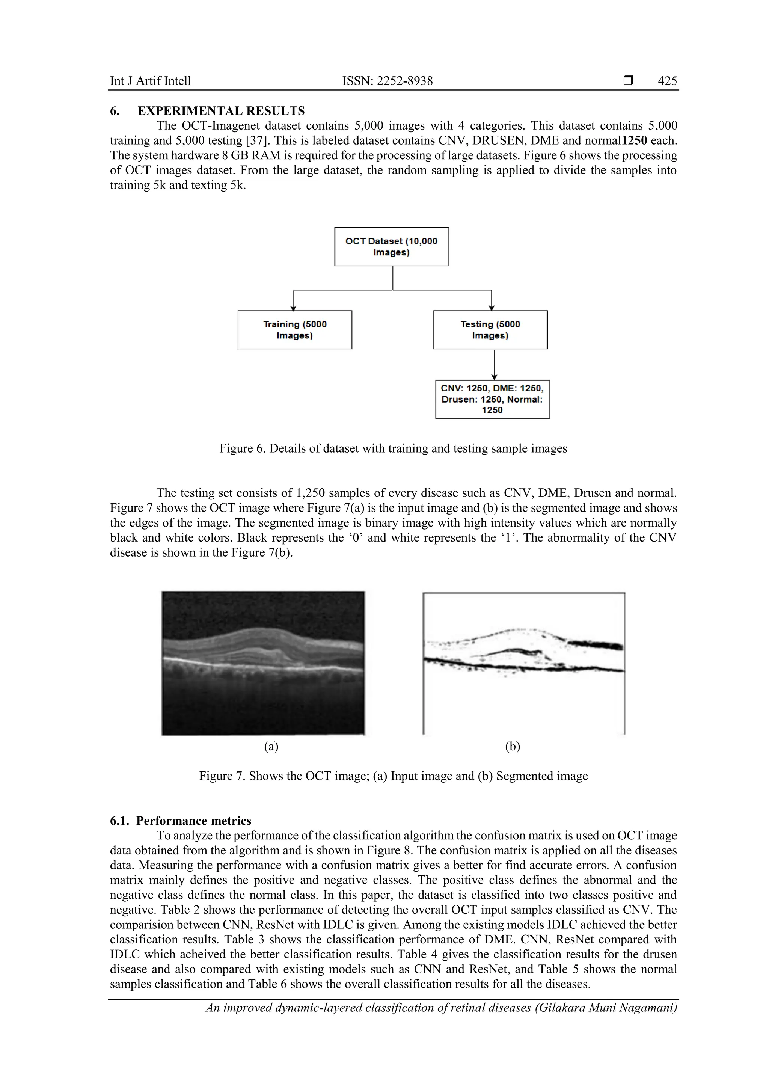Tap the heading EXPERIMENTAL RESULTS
tap(221, 111)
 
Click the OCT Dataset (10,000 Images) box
tap(391, 246)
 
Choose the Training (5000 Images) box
tap(295, 330)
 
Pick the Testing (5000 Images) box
tap(490, 330)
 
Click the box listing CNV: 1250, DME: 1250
tap(492, 399)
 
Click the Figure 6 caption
tap(393, 448)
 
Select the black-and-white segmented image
tap(523, 663)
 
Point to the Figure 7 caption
tap(393, 776)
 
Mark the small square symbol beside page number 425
tap(628, 80)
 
